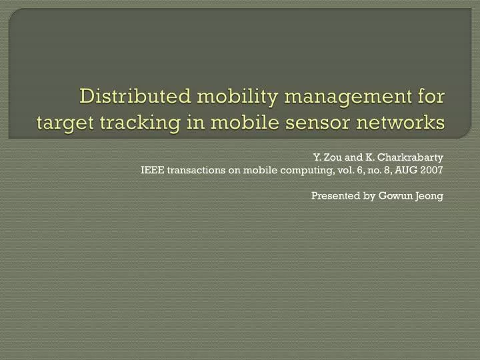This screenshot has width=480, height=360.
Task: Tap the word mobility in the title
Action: pyautogui.click(x=231, y=97)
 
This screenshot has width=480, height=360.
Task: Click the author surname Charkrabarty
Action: pyautogui.click(x=412, y=157)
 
